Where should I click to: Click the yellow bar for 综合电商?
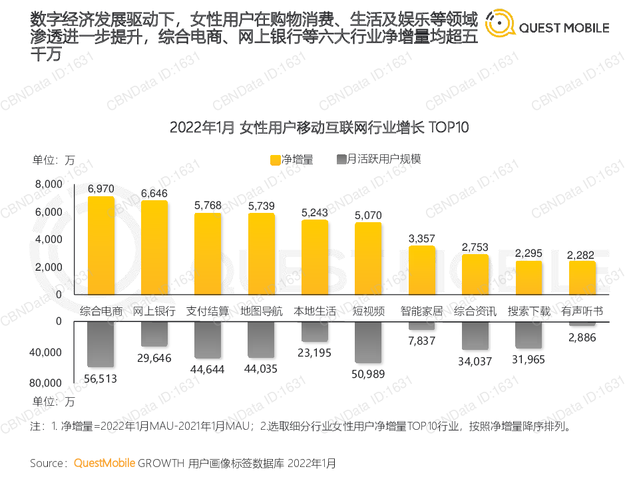pos(101,245)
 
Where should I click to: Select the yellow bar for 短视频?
pos(368,258)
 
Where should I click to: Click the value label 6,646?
pos(154,193)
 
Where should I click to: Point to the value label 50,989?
pos(368,374)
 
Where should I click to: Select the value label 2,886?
pos(582,337)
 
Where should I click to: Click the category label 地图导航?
pos(262,311)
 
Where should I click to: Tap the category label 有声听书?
pos(582,311)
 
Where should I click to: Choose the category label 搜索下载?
pos(529,311)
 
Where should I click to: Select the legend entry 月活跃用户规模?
pos(380,160)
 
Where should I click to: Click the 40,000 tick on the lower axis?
pos(46,353)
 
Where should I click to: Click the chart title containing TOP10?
pos(319,127)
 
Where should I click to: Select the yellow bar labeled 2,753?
pos(475,274)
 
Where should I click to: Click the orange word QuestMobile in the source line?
pos(105,462)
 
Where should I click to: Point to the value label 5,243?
pos(315,212)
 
